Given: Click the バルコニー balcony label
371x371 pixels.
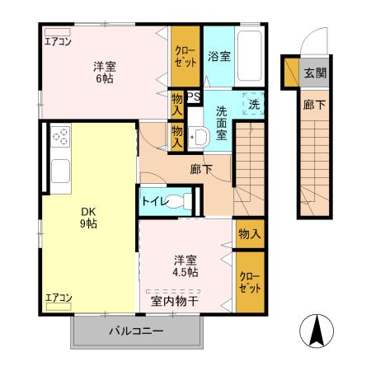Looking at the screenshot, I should pos(137,331).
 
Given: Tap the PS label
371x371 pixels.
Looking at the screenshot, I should pos(194,97).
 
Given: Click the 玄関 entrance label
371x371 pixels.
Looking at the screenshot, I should pos(315,73).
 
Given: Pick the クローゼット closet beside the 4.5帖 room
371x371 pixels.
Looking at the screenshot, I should pos(249,282).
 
